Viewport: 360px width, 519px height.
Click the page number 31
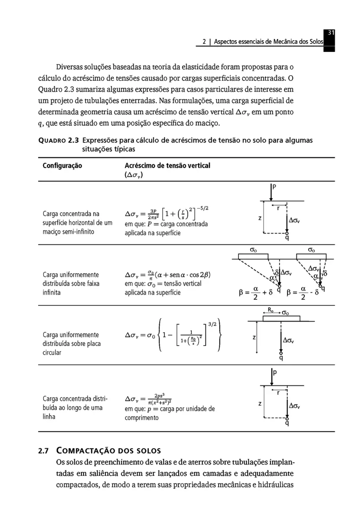tap(330, 33)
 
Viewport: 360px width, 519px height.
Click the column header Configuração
tap(62, 166)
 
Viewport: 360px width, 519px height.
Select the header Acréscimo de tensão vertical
tap(167, 166)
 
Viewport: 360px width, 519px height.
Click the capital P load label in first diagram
tap(274, 187)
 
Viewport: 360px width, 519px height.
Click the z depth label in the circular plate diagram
tap(254, 337)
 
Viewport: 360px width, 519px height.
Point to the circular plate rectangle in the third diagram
tap(281, 318)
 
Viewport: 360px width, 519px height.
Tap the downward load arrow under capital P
tap(271, 193)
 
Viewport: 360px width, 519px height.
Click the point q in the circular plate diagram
tap(281, 358)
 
